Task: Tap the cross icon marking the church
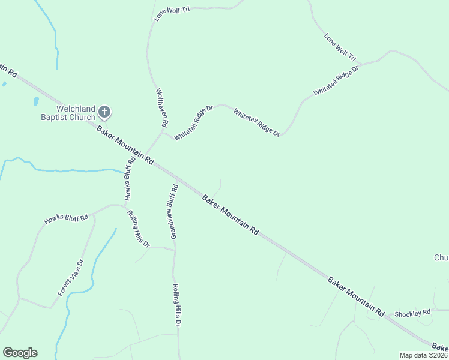click(104, 112)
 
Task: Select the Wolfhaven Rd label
click(161, 108)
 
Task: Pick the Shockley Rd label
click(412, 313)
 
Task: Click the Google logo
click(20, 353)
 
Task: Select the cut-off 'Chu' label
click(441, 258)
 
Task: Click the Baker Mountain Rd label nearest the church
click(125, 146)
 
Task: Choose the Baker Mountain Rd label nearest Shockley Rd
click(356, 297)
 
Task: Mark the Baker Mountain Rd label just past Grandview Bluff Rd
click(230, 214)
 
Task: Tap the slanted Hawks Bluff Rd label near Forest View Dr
click(66, 219)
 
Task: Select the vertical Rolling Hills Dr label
click(177, 305)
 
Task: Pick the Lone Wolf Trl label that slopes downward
click(341, 48)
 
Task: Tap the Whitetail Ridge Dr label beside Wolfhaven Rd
click(194, 124)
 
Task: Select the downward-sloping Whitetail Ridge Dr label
click(256, 122)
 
